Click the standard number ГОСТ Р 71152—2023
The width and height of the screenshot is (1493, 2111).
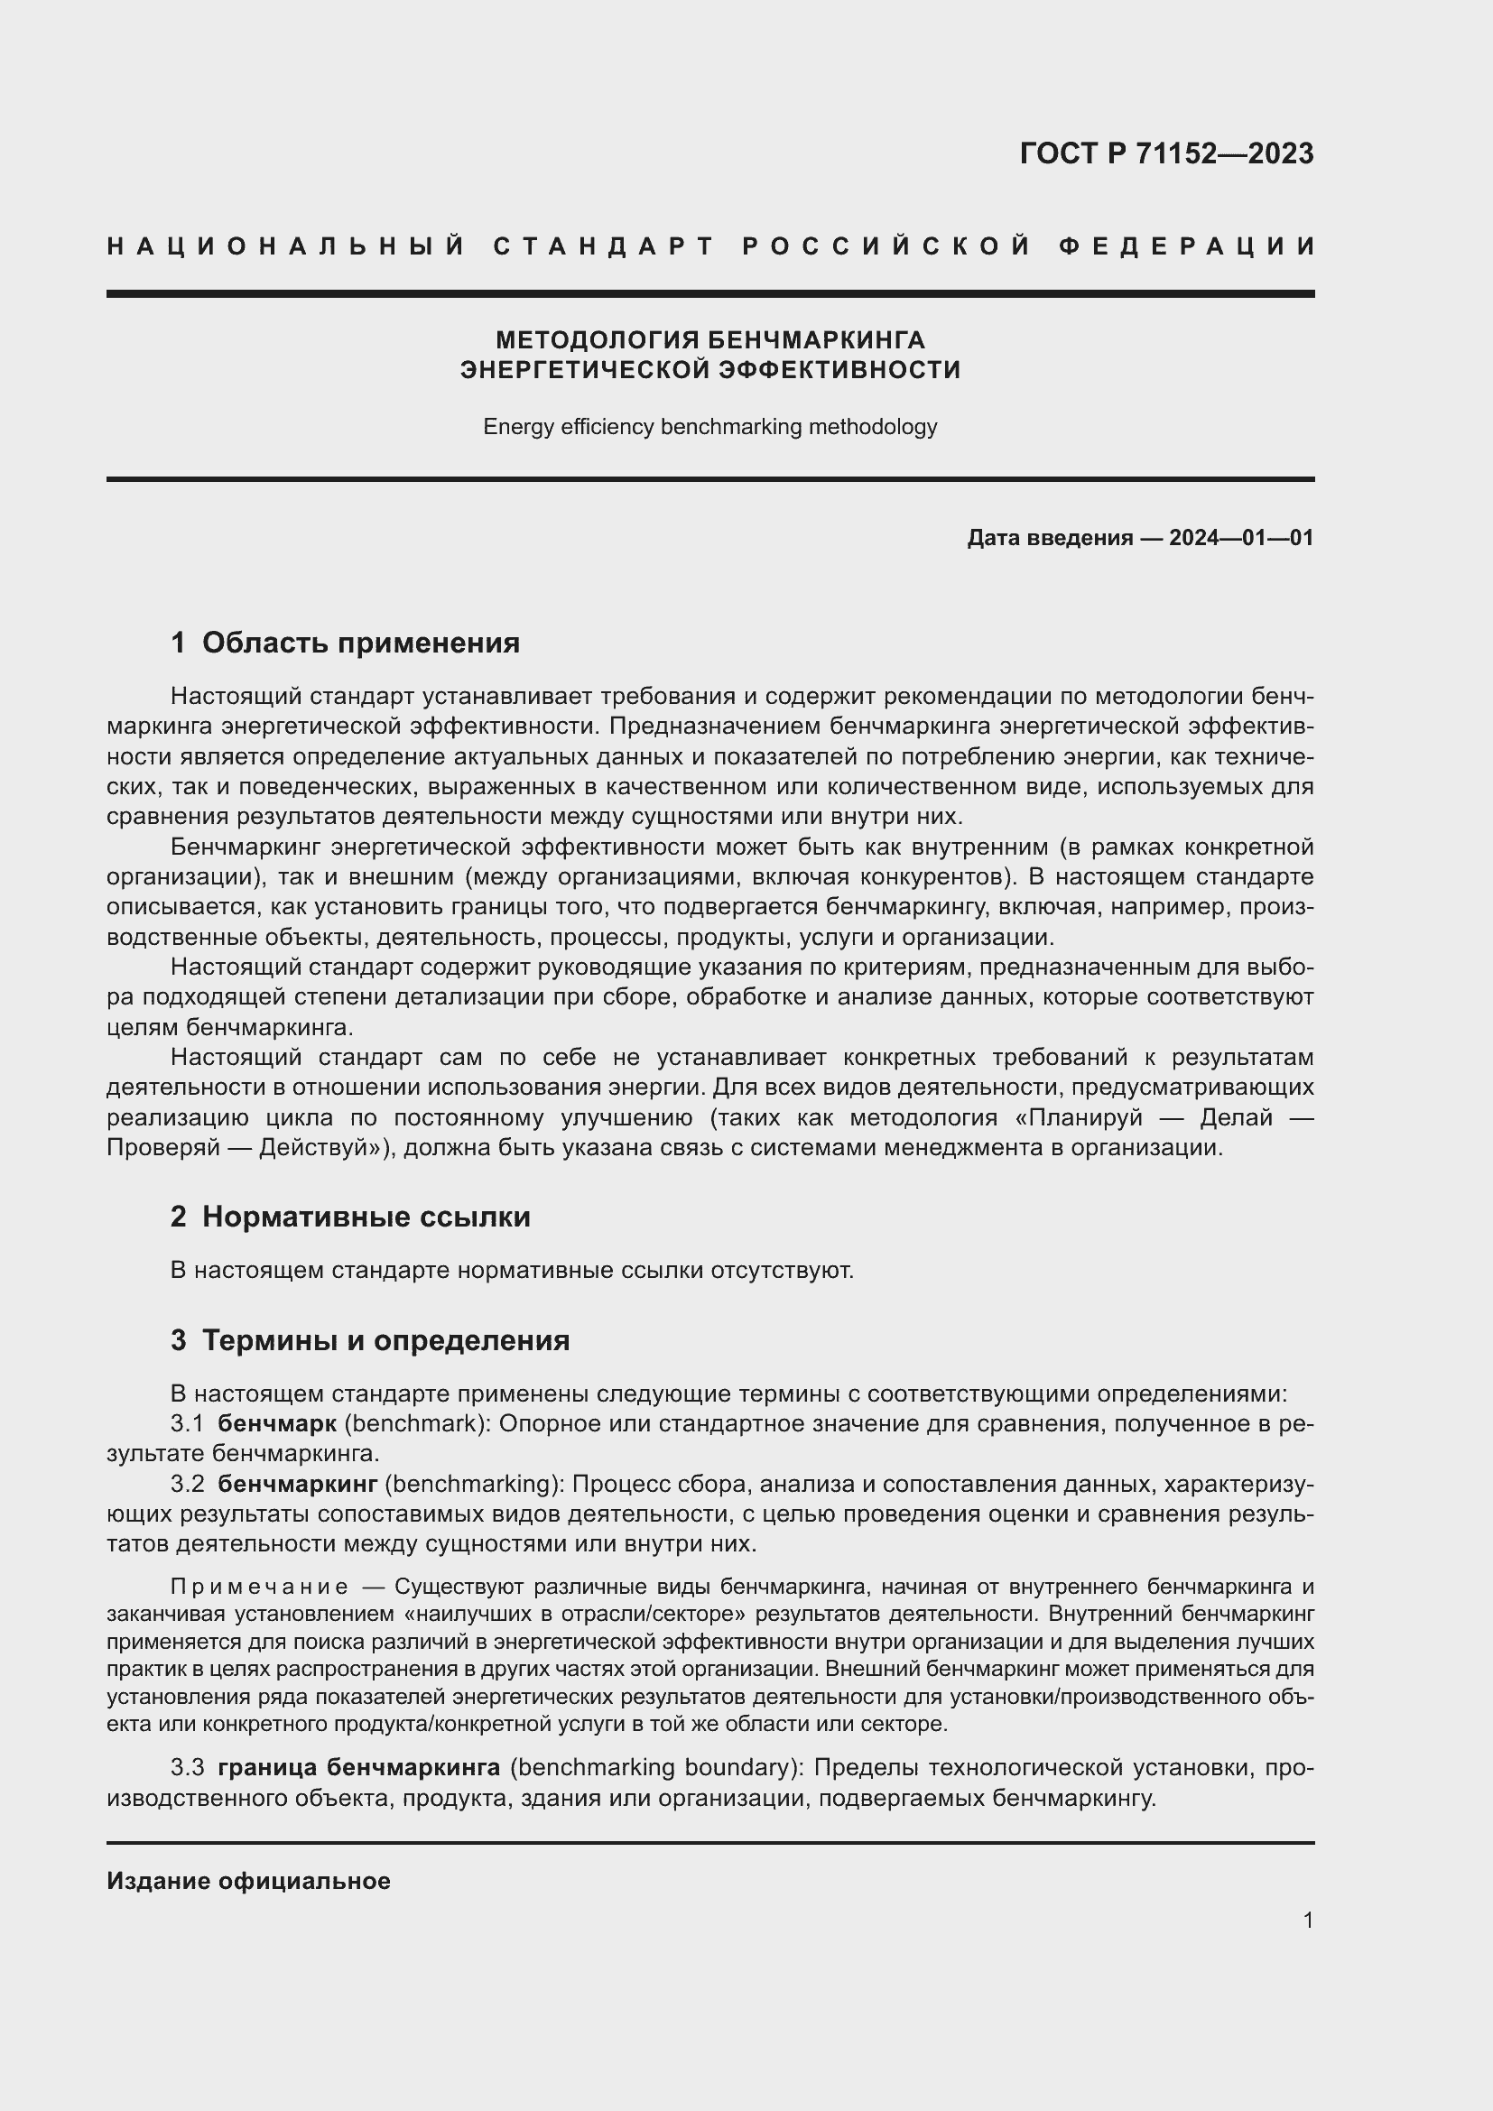1165,153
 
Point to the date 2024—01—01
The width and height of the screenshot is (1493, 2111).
1241,538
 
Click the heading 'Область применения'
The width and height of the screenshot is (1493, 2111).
360,643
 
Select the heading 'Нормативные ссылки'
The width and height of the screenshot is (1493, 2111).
366,1218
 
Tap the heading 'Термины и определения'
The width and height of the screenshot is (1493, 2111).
385,1340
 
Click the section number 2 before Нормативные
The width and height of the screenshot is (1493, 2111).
179,1218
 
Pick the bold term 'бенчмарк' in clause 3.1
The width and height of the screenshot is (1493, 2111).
277,1423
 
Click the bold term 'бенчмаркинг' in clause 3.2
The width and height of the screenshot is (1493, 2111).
298,1483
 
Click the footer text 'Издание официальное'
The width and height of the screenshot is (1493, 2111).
248,1881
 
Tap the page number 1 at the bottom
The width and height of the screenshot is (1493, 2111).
1307,1920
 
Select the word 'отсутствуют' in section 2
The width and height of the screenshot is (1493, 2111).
782,1271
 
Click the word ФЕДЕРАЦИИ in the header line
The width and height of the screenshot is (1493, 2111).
1187,246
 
